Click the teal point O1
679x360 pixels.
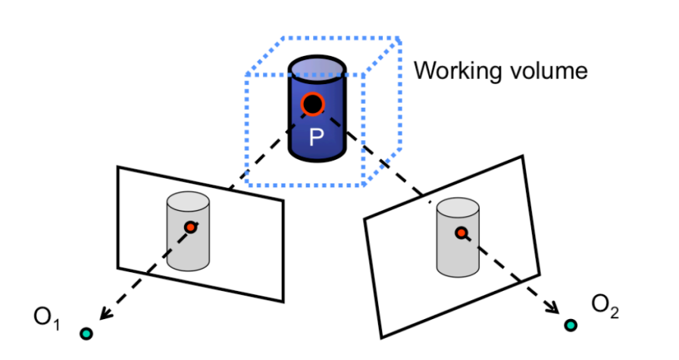(x=86, y=333)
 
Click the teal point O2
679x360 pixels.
(x=570, y=325)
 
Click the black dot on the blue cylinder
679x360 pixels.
(x=311, y=105)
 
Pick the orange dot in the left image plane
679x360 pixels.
(x=190, y=227)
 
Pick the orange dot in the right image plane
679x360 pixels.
(x=460, y=233)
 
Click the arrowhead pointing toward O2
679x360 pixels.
(x=554, y=311)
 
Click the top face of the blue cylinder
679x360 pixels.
(x=317, y=70)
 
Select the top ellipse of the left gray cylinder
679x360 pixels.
(x=187, y=200)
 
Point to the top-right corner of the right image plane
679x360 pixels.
(x=522, y=157)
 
